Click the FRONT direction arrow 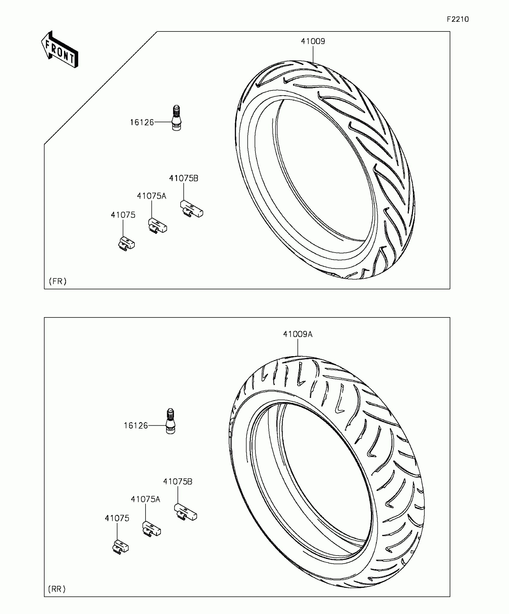[60, 49]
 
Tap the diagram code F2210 [458, 19]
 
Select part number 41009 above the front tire [313, 41]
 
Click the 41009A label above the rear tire [298, 334]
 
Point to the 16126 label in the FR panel [142, 122]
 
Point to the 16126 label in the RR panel [136, 426]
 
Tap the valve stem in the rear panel [171, 421]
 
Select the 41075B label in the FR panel [184, 178]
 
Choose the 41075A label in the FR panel [152, 196]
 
